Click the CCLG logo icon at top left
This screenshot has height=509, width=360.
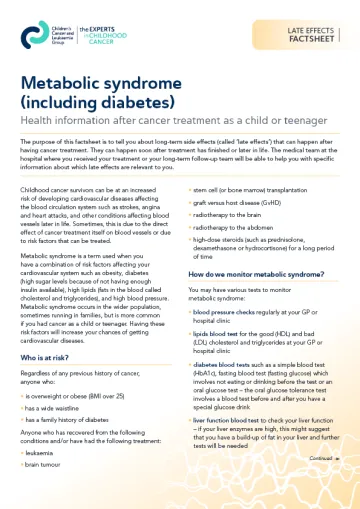(x=32, y=35)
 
